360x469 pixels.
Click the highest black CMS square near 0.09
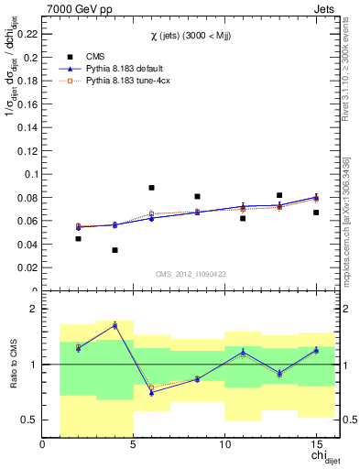[151, 188]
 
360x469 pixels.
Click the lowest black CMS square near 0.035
[115, 250]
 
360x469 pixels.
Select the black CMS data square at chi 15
[316, 213]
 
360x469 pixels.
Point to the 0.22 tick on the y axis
[27, 32]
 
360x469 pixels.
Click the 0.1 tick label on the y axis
[30, 173]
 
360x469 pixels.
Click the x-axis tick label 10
[224, 444]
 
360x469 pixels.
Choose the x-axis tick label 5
[133, 444]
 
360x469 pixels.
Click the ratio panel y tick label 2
[33, 310]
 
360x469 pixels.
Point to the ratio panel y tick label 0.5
[28, 420]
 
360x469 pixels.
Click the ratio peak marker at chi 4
[115, 325]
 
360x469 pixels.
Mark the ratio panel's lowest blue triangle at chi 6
[151, 392]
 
